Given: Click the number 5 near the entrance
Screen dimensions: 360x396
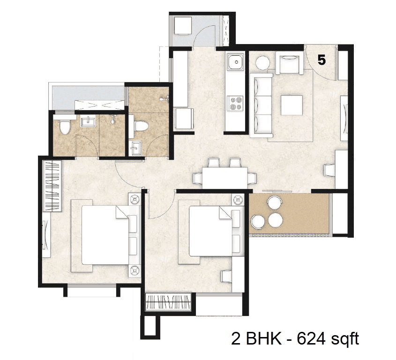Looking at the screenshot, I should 322,60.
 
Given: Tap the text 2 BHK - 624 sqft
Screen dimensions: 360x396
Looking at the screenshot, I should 295,339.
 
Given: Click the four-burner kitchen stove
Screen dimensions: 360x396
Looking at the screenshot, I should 235,103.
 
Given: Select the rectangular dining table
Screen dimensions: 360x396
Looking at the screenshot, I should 224,178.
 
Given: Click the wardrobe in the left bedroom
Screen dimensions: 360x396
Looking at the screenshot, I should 53,186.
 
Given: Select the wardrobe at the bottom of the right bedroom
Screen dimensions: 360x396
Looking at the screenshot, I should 168,302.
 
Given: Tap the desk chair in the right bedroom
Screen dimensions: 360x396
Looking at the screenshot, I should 227,277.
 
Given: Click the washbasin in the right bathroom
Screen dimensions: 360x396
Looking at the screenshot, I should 135,147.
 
